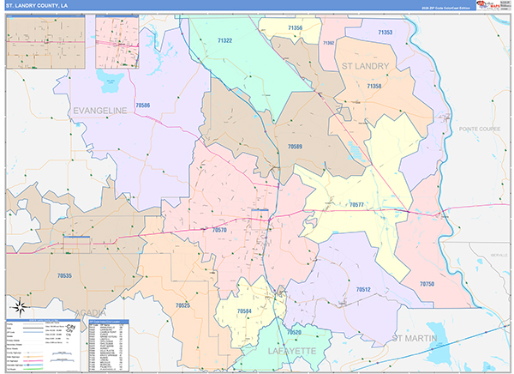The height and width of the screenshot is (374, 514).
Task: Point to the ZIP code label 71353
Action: click(385, 33)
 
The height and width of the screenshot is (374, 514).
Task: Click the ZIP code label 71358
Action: click(374, 86)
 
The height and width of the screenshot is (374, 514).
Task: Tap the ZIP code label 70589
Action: click(294, 148)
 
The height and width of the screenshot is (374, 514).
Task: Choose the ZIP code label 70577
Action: click(357, 205)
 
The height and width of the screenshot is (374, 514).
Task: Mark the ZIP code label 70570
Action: click(219, 230)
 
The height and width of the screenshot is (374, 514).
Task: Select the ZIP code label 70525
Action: click(182, 305)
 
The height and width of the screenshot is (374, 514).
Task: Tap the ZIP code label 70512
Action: click(362, 290)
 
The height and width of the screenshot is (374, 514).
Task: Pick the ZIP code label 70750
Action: click(427, 283)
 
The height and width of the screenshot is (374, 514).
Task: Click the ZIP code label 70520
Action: click(295, 331)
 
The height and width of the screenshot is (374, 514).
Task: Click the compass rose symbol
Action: click(18, 308)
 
